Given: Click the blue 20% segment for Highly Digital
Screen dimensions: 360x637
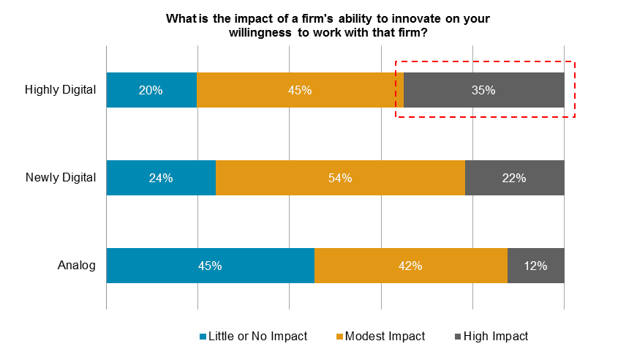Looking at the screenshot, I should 151,90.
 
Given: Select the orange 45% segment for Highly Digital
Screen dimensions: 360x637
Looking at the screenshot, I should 300,90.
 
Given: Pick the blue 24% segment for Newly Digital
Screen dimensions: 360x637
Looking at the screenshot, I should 161,178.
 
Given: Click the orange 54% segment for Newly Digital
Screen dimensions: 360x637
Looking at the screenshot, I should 340,178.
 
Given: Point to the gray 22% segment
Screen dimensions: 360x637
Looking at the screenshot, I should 514,178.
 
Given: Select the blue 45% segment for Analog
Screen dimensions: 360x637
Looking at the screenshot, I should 210,266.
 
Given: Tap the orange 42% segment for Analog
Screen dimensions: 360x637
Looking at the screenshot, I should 410,266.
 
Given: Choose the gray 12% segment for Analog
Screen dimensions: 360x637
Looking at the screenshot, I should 535,266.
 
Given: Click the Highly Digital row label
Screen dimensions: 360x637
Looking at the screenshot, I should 61,90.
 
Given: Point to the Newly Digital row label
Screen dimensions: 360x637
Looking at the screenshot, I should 61,178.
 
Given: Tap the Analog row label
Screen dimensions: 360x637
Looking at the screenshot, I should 77,266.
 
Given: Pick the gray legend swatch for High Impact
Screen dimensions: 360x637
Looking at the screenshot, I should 459,337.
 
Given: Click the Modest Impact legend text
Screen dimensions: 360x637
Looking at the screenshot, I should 385,337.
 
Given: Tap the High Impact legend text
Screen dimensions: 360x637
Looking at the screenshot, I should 496,337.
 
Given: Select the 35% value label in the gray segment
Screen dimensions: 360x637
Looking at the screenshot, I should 483,91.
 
